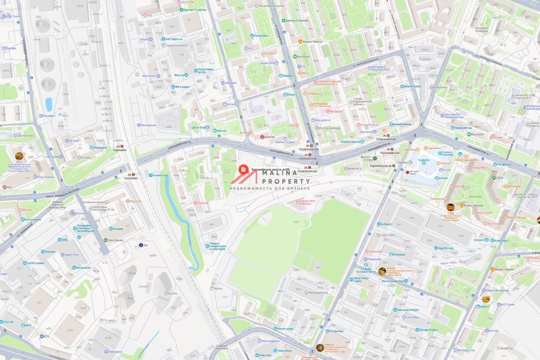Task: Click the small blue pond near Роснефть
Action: click(49, 104)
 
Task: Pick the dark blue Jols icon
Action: click(141, 245)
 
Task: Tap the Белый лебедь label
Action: click(400, 124)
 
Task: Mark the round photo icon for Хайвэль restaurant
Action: click(382, 271)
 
